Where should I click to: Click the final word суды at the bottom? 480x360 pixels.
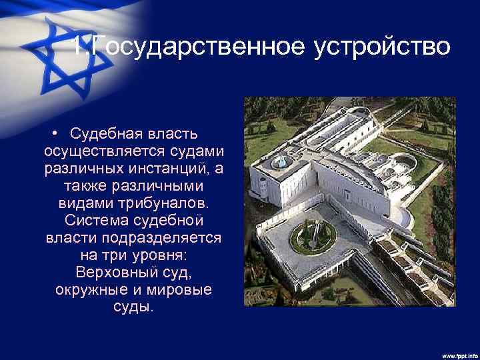[133, 308]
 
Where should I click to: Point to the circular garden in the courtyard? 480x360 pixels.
[313, 236]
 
